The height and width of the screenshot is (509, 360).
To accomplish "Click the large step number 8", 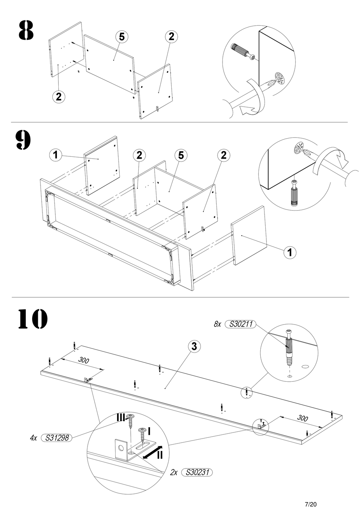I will point(26,31).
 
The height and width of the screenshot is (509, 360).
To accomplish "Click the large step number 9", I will point(23,140).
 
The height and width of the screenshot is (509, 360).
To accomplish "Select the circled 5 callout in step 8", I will point(122,37).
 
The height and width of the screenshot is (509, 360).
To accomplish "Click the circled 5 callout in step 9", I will point(181,155).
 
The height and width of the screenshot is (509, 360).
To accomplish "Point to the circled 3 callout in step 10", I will point(194,346).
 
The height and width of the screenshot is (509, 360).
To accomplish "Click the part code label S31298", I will point(56,438).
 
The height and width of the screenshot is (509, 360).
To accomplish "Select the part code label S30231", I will point(197,472).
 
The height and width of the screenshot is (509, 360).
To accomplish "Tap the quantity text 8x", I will point(217,324).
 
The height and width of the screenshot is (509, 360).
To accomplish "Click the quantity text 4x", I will point(33,438).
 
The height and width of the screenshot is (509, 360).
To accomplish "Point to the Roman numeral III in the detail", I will point(121,417).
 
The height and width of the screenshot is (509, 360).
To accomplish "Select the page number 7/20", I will point(311,504).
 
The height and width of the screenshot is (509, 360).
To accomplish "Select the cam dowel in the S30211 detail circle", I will point(289,349).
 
